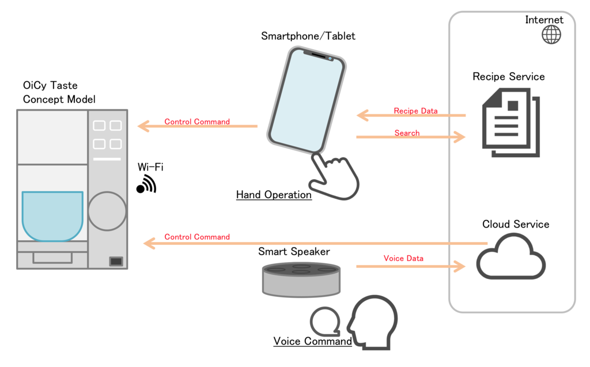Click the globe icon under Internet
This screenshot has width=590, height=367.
[x=551, y=35]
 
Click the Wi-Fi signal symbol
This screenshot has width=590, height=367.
[x=146, y=184]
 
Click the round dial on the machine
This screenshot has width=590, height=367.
[x=107, y=211]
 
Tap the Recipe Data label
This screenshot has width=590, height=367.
[x=415, y=111]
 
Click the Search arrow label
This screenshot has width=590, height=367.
[x=407, y=133]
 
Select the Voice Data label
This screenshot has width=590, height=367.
[x=403, y=258]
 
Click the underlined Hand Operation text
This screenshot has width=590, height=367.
[x=274, y=195]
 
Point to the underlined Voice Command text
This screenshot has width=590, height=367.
[x=312, y=341]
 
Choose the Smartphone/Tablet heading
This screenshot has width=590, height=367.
[x=308, y=36]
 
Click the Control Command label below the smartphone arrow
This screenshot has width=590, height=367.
[x=197, y=237]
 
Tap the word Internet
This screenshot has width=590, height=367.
[x=544, y=20]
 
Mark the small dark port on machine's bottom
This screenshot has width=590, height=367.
[x=116, y=262]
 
